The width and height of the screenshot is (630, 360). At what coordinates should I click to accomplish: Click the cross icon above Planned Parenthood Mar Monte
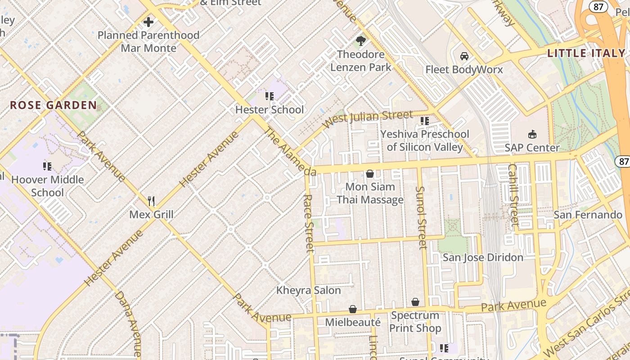[148, 22]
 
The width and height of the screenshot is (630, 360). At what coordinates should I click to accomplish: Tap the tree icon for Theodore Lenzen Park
[360, 41]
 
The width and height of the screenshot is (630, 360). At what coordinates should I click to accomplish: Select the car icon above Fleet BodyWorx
[464, 56]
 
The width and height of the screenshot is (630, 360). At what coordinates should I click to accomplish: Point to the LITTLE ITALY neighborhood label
[586, 53]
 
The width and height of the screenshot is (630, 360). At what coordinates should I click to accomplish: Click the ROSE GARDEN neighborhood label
[53, 105]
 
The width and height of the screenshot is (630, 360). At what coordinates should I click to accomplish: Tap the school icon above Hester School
[270, 96]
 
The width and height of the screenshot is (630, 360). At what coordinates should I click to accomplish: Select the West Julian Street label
[368, 119]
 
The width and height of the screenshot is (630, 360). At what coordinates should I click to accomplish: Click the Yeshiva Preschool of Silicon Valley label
[425, 140]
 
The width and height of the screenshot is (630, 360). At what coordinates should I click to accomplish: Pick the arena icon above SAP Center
[532, 134]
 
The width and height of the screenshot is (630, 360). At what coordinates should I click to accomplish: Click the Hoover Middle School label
[47, 186]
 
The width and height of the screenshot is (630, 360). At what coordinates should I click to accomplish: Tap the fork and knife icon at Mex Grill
[151, 201]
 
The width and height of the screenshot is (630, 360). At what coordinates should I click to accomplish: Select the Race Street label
[308, 224]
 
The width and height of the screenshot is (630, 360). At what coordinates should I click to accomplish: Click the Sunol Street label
[421, 218]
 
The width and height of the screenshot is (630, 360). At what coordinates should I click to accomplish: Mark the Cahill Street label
[513, 194]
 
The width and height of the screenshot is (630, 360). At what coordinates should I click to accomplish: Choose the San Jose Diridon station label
[483, 257]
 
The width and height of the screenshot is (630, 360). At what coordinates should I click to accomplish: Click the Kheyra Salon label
[309, 290]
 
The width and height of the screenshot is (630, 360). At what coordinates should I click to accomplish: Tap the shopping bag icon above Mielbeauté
[353, 309]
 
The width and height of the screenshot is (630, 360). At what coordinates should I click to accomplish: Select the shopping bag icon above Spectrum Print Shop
[415, 302]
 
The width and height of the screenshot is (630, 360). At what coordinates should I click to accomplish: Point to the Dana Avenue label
[128, 324]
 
